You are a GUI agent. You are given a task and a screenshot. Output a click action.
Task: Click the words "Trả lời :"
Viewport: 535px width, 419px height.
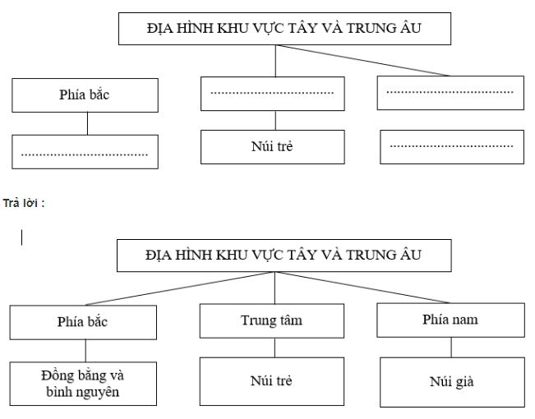point(22,203)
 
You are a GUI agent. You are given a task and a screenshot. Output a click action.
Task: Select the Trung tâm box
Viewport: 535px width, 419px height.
point(274,321)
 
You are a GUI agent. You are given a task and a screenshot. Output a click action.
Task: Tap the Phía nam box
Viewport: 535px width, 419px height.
point(450,320)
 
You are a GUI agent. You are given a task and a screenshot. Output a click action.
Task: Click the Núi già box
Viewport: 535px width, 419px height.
point(450,381)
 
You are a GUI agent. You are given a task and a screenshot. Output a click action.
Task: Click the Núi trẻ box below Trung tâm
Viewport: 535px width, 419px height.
point(274,381)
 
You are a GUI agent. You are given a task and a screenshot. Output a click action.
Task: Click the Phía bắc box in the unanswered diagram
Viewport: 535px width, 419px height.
point(85,94)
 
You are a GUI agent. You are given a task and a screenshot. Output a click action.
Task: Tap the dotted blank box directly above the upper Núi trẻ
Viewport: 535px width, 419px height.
point(272,93)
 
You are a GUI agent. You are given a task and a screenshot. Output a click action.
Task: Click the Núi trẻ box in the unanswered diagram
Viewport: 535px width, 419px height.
point(272,146)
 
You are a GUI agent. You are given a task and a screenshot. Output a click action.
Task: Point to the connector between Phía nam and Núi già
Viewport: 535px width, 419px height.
point(450,347)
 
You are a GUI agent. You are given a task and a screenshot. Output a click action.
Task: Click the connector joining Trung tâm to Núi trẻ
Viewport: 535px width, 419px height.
point(274,348)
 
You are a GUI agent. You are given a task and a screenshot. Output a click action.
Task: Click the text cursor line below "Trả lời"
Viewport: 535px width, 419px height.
point(22,237)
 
